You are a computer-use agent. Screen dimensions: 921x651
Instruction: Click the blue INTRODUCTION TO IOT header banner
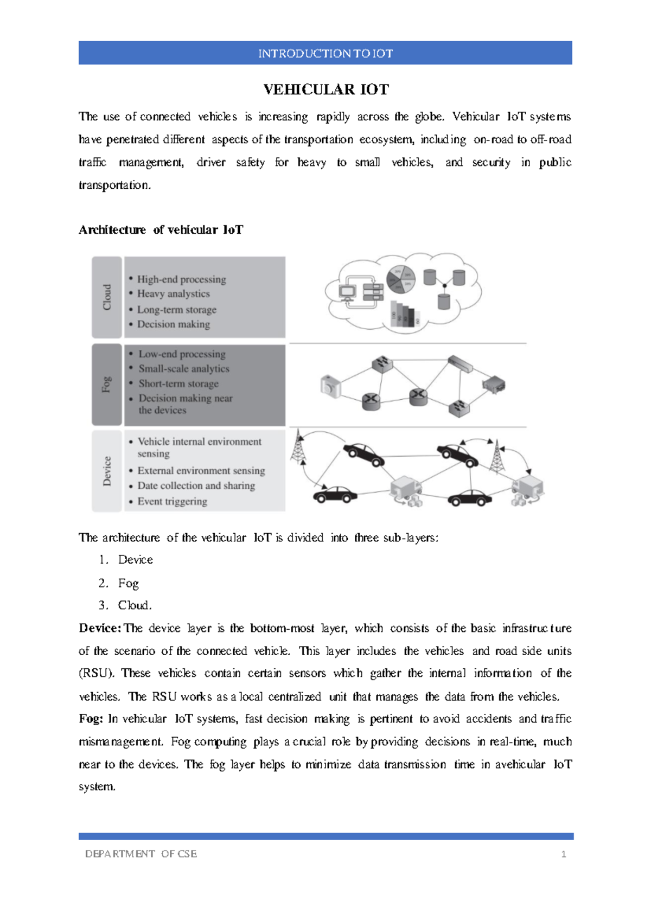(x=325, y=53)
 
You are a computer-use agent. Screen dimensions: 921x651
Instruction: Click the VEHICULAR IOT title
(x=326, y=89)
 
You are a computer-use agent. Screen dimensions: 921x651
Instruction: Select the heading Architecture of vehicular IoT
(x=161, y=230)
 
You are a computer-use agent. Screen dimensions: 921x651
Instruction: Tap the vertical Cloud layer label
(x=107, y=297)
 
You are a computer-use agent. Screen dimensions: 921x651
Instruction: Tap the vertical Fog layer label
(x=107, y=384)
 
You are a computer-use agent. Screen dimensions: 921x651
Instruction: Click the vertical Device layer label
(x=107, y=471)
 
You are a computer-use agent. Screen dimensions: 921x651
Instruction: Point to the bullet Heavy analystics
(x=173, y=294)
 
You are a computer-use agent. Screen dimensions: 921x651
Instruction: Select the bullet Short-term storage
(x=178, y=383)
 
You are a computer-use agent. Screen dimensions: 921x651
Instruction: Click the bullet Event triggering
(x=172, y=501)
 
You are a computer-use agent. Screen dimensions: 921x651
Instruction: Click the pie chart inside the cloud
(x=401, y=279)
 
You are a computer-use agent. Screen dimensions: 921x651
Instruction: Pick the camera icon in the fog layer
(x=330, y=387)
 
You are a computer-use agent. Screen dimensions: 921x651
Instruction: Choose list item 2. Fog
(x=128, y=583)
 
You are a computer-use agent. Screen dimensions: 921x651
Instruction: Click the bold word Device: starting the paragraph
(x=100, y=628)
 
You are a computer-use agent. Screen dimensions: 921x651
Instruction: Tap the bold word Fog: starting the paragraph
(x=91, y=719)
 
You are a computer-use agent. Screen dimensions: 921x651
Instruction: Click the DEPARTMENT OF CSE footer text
(x=141, y=854)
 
